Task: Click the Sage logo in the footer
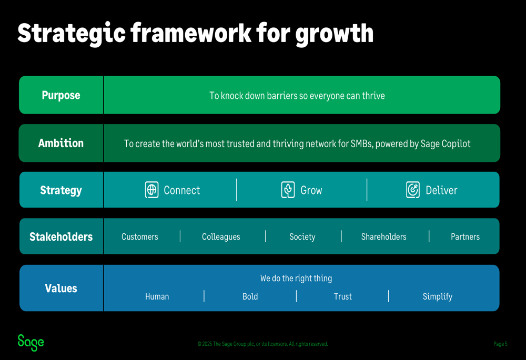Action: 31,343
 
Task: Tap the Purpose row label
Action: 61,95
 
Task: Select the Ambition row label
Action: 61,143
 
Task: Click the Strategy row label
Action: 61,190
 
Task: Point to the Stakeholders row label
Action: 61,236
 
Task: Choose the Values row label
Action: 61,289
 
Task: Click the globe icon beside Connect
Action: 151,190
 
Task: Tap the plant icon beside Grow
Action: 288,190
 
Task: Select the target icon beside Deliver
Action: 412,190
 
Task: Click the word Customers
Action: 139,236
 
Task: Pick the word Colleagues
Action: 221,237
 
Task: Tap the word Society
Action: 302,237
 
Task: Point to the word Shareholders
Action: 384,236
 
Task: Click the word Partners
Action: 466,236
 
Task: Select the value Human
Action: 157,296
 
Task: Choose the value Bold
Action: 250,296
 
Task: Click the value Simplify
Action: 438,296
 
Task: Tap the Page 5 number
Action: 500,344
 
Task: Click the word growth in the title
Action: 335,34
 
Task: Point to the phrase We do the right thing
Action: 296,279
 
